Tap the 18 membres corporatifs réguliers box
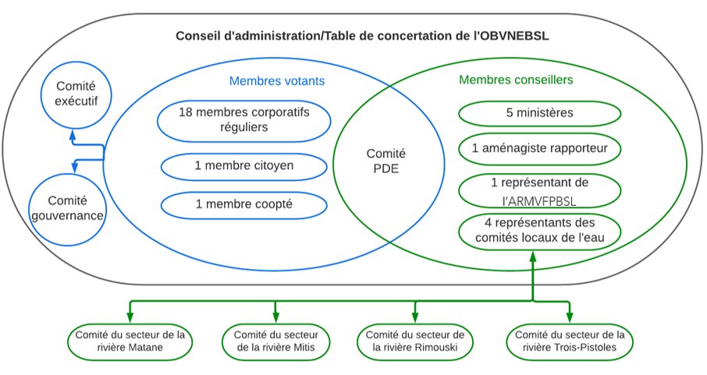coord(243,119)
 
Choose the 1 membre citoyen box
coord(243,166)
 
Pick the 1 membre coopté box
coord(243,204)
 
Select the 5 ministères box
coord(539,113)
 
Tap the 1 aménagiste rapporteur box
coord(539,148)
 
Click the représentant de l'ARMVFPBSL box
coord(539,191)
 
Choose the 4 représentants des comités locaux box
coord(539,230)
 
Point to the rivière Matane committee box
coord(130,341)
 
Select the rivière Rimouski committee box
coord(414,341)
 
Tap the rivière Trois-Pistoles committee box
coord(570,341)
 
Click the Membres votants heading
coord(277,81)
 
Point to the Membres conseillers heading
coord(516,80)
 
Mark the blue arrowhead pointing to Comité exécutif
coord(73,134)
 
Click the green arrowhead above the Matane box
coord(130,315)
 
